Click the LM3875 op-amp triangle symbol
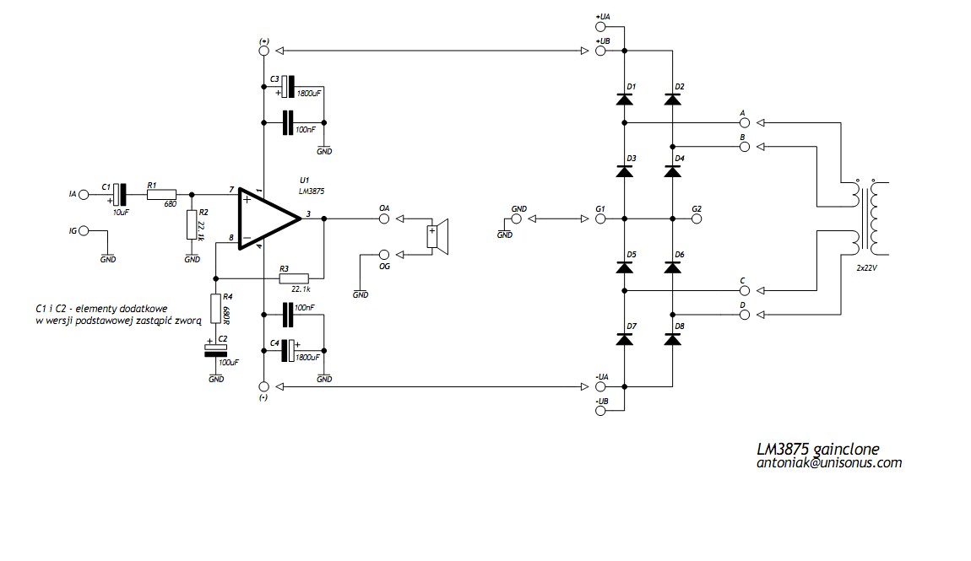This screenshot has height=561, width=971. [268, 218]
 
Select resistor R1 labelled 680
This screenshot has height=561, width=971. [161, 194]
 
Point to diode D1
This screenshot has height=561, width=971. [624, 99]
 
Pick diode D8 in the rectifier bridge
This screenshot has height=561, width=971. [672, 339]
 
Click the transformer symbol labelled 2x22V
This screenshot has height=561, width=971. [865, 218]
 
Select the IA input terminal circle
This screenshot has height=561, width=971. [84, 194]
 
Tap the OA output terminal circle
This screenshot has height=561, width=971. [384, 218]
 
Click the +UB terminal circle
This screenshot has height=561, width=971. [600, 51]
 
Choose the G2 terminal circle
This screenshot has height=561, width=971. [697, 218]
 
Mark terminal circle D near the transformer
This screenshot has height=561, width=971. [745, 315]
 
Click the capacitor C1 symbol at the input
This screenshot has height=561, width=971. [120, 194]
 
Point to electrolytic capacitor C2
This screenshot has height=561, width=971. [215, 351]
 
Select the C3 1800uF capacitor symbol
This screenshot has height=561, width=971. [286, 87]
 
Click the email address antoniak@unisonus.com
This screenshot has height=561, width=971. [829, 462]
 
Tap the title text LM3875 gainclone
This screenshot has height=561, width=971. [818, 449]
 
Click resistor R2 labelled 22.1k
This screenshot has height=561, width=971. [192, 225]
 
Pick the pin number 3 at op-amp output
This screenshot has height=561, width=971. [308, 214]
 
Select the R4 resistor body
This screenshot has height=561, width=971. [215, 309]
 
